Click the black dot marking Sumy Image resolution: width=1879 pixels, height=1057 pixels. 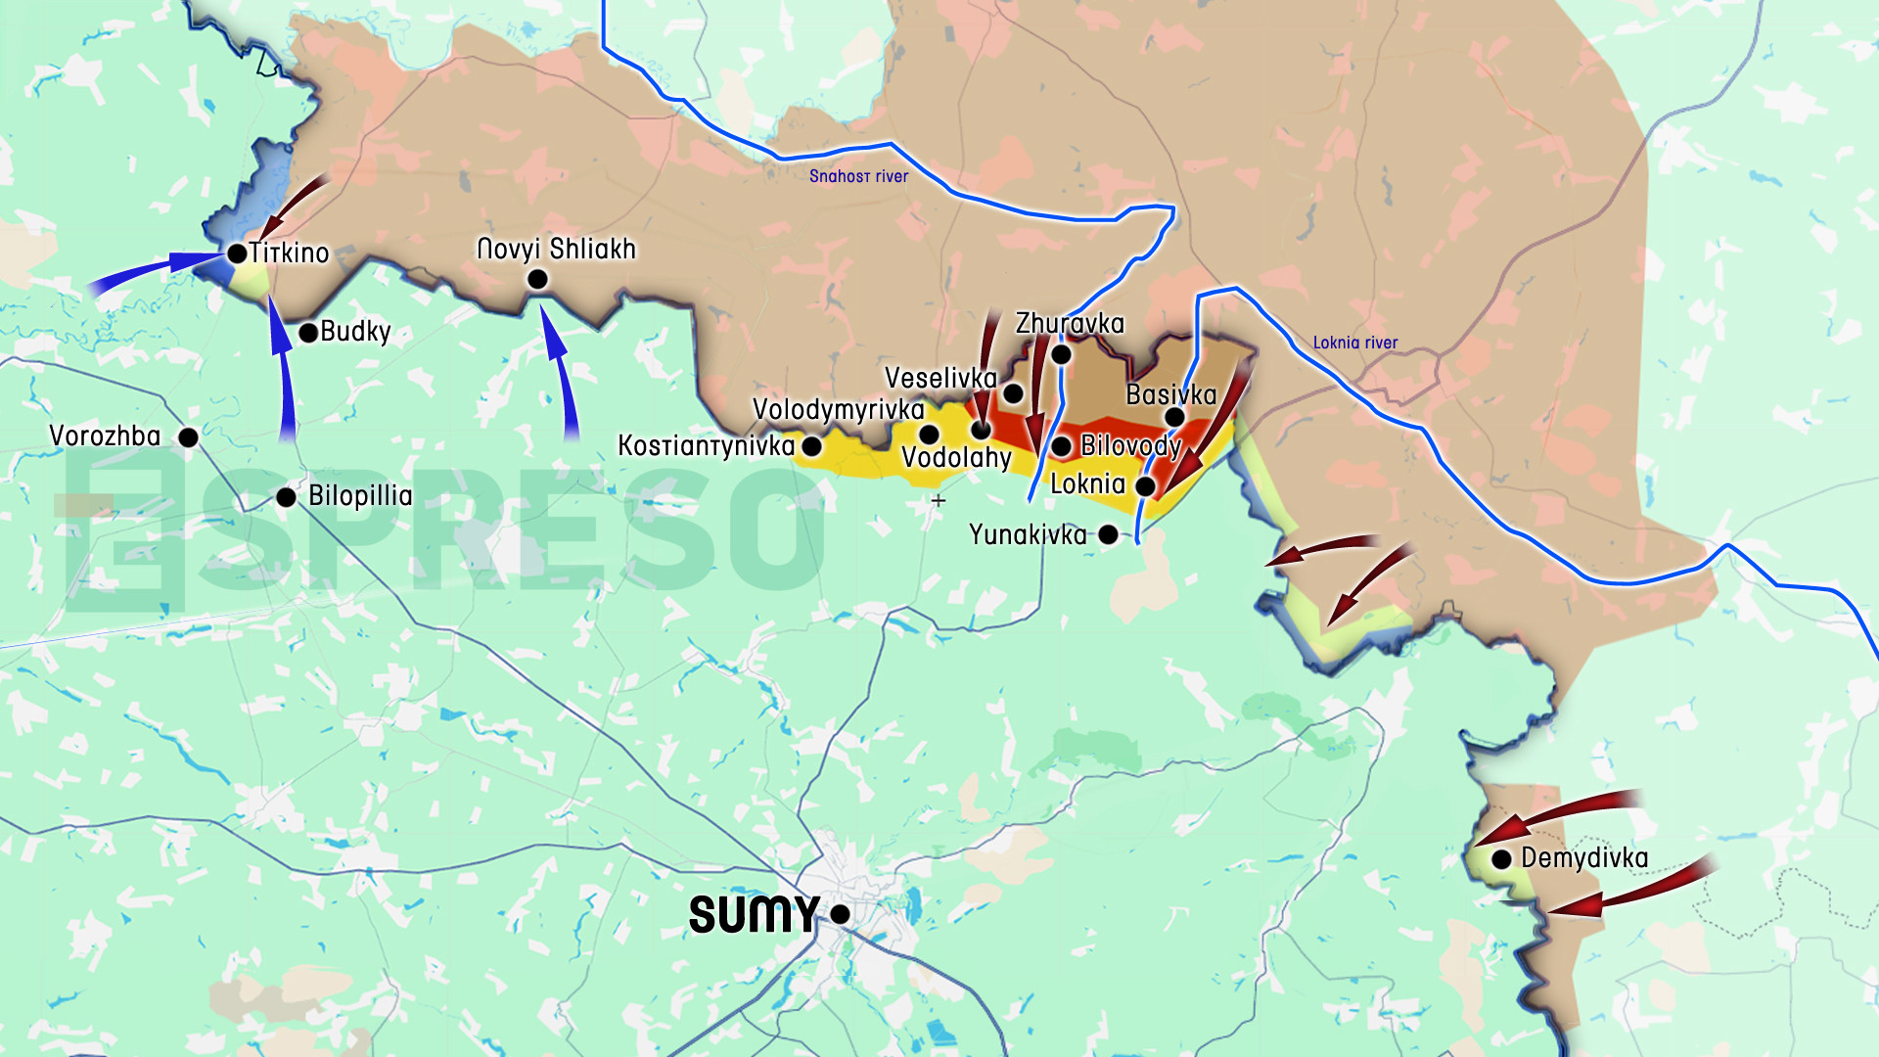(x=840, y=914)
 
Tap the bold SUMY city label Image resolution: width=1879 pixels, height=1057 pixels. (x=754, y=915)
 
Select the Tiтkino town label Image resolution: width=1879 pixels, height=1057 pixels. (x=289, y=253)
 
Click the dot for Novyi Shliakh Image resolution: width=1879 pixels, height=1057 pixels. (x=537, y=280)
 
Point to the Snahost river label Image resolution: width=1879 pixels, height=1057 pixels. (x=858, y=176)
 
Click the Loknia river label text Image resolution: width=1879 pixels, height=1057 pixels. (x=1354, y=343)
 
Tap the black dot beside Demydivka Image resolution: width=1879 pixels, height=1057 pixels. (x=1501, y=859)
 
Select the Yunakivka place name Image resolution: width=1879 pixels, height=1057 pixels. (x=1028, y=534)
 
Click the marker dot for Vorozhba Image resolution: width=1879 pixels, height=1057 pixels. (x=189, y=437)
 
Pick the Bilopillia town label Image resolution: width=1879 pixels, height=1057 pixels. (x=360, y=496)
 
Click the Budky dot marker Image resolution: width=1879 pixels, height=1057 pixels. (x=308, y=333)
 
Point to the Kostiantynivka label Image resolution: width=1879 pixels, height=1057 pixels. (x=706, y=446)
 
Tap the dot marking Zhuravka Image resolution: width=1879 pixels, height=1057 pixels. (x=1061, y=354)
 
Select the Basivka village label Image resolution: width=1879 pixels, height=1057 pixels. (x=1170, y=394)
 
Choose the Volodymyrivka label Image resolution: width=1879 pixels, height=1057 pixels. (x=838, y=409)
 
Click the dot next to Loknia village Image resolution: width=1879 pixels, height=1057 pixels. (x=1145, y=486)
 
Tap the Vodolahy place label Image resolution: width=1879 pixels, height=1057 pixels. (x=956, y=458)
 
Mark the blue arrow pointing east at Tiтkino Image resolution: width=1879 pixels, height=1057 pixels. (x=157, y=269)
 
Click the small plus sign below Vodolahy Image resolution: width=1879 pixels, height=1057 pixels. (x=939, y=500)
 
